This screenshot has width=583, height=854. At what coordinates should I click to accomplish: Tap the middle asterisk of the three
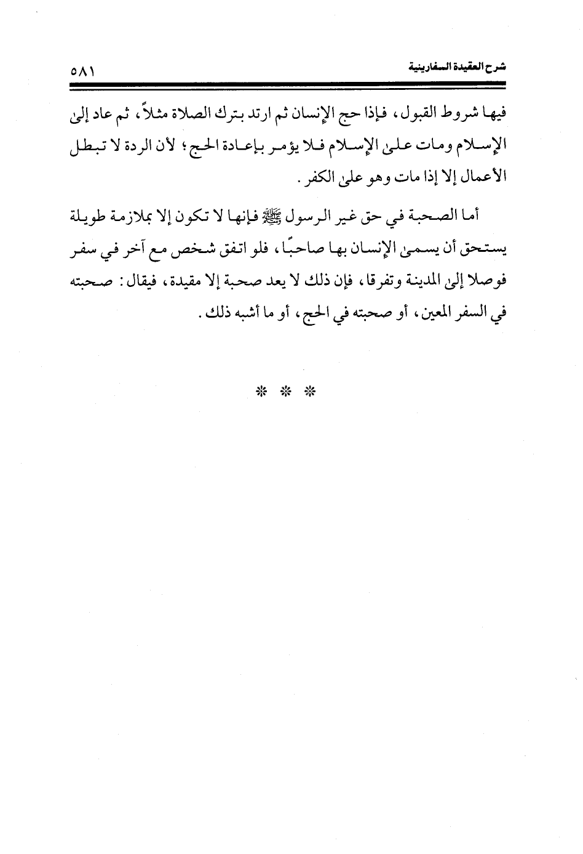click(x=285, y=390)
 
